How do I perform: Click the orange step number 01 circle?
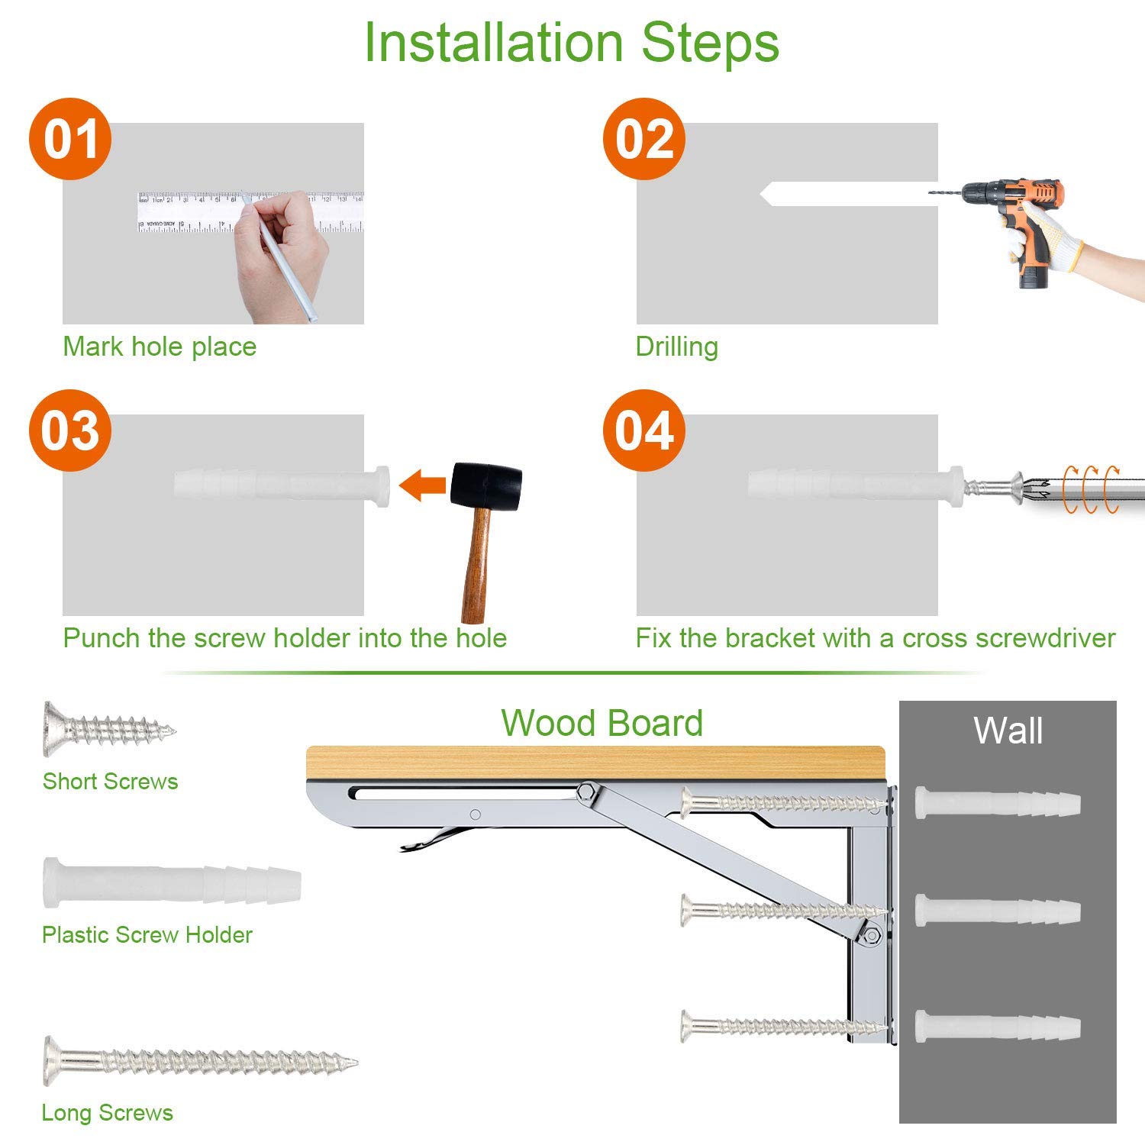tap(70, 139)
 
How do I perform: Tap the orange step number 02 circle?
tap(644, 139)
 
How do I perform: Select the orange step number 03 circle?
tap(70, 431)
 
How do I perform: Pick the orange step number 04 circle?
tap(644, 431)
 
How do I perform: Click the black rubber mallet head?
tap(486, 485)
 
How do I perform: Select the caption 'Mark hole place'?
tap(160, 347)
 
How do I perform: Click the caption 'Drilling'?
tap(676, 347)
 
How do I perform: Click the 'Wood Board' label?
tap(602, 723)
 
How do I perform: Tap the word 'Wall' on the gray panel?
tap(1008, 731)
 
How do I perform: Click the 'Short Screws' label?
tap(110, 782)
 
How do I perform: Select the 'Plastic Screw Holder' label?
tap(147, 935)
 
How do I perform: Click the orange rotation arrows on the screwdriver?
tap(1092, 489)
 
